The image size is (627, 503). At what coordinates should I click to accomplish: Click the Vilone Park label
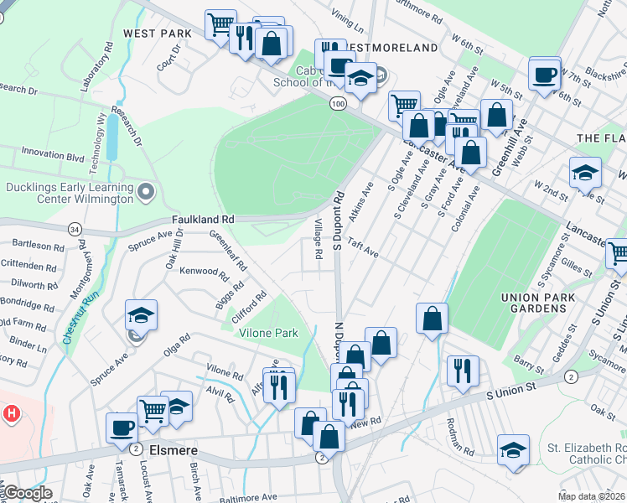[269, 333]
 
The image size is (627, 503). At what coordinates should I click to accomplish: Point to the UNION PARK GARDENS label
[545, 303]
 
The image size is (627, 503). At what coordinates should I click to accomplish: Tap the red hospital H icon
[12, 413]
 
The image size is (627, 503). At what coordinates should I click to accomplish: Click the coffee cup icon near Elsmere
[122, 428]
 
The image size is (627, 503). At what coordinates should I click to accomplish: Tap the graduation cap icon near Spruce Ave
[142, 315]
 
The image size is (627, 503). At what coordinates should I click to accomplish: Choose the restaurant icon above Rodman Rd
[463, 370]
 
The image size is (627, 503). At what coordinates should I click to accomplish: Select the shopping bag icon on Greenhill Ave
[497, 115]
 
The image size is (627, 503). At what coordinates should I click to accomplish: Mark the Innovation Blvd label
[54, 154]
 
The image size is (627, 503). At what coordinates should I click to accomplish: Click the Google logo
[27, 493]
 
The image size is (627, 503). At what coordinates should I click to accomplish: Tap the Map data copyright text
[591, 496]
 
